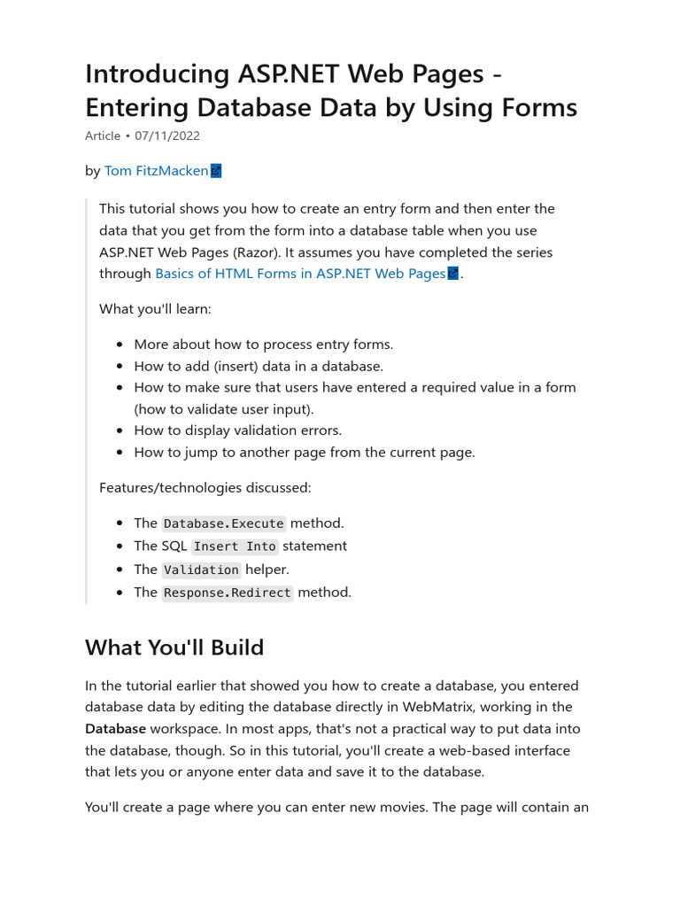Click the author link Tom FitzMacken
point(156,171)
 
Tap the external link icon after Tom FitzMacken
point(216,171)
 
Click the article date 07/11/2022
point(167,136)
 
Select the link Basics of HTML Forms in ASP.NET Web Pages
point(300,274)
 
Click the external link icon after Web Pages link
point(453,274)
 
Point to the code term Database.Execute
point(224,523)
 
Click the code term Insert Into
point(235,547)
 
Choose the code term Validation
point(201,570)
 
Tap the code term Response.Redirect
point(228,593)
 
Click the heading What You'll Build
point(174,647)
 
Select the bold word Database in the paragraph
point(115,729)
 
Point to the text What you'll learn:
point(156,309)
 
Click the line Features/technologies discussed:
point(205,488)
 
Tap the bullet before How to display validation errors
point(121,430)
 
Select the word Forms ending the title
point(534,108)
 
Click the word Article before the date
point(103,136)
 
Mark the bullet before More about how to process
point(121,345)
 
